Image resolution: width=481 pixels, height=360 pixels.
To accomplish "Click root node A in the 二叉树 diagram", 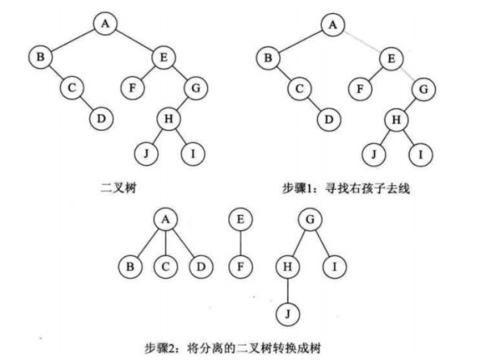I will pos(104,24).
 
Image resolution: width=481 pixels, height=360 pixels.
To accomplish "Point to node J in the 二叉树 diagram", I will pos(145,154).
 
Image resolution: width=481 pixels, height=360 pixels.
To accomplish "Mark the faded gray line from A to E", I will pos(362,40).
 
